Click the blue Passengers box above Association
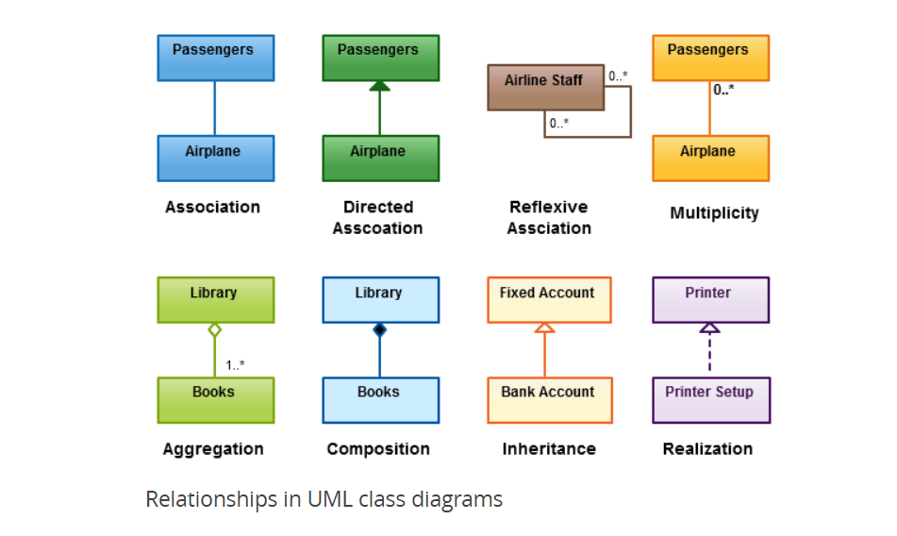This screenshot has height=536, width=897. pyautogui.click(x=215, y=58)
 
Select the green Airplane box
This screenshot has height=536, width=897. pyautogui.click(x=380, y=158)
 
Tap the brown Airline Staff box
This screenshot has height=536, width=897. pyautogui.click(x=543, y=87)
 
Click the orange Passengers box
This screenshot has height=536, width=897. pyautogui.click(x=710, y=58)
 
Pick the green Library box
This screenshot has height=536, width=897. pyautogui.click(x=215, y=299)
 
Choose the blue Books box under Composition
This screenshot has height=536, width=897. pyautogui.click(x=380, y=399)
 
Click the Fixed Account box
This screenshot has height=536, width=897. pyautogui.click(x=548, y=299)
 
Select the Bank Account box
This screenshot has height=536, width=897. pyautogui.click(x=548, y=399)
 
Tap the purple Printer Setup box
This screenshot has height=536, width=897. pyautogui.click(x=710, y=399)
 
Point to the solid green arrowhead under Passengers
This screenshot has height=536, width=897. pyautogui.click(x=380, y=86)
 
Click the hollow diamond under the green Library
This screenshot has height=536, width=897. pyautogui.click(x=215, y=329)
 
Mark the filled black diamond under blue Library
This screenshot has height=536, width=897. pyautogui.click(x=380, y=329)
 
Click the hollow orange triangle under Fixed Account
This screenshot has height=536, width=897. pyautogui.click(x=545, y=327)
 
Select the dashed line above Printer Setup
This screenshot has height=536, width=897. pyautogui.click(x=710, y=354)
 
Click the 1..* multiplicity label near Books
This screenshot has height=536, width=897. pyautogui.click(x=235, y=365)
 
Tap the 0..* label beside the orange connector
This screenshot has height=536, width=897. pyautogui.click(x=723, y=90)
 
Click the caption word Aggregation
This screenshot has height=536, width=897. pyautogui.click(x=213, y=449)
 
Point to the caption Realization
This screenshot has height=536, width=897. pyautogui.click(x=707, y=449)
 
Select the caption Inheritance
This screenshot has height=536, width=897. pyautogui.click(x=549, y=449)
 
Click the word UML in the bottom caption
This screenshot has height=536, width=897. pyautogui.click(x=329, y=499)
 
